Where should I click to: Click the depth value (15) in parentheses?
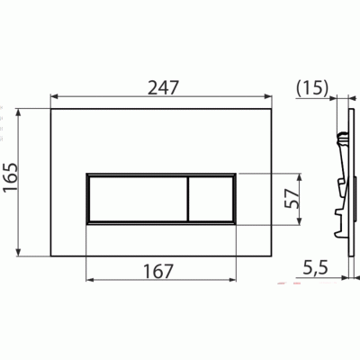pyautogui.click(x=310, y=87)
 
